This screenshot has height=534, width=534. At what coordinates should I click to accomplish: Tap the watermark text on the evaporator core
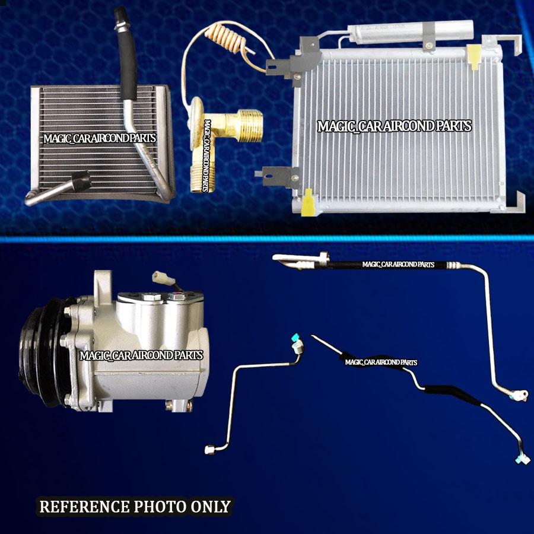coord(100,139)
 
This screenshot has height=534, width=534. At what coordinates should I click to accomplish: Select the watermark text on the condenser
coord(394,126)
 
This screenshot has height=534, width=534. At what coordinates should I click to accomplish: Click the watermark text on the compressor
coord(141,355)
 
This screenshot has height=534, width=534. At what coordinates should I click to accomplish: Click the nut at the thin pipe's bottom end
coord(209,450)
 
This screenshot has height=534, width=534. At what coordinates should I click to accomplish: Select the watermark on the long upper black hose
coord(398,265)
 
